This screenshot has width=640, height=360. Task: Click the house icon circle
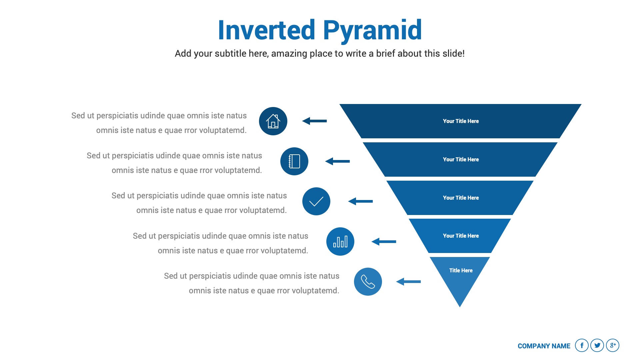(x=273, y=121)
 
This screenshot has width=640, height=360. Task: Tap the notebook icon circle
(x=294, y=161)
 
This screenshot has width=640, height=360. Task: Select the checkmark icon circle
(x=316, y=201)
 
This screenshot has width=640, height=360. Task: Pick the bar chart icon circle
(x=340, y=241)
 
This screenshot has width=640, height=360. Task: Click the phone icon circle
(x=368, y=282)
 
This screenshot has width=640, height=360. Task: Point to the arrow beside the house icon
(x=314, y=121)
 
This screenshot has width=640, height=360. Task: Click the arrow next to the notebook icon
(x=337, y=161)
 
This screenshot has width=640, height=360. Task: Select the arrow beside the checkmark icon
(x=360, y=201)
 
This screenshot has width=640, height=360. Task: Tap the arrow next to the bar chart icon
(x=384, y=242)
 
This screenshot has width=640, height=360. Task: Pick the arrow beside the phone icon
(x=408, y=282)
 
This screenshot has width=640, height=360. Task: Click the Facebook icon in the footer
(x=582, y=345)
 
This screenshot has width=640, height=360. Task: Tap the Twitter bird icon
(x=597, y=345)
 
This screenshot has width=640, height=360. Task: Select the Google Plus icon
(x=613, y=345)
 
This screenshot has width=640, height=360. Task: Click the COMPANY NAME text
(x=544, y=346)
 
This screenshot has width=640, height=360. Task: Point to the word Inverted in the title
(x=266, y=30)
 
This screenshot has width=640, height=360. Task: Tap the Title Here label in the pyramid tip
(x=461, y=270)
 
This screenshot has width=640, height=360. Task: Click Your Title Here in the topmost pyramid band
(x=461, y=121)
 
